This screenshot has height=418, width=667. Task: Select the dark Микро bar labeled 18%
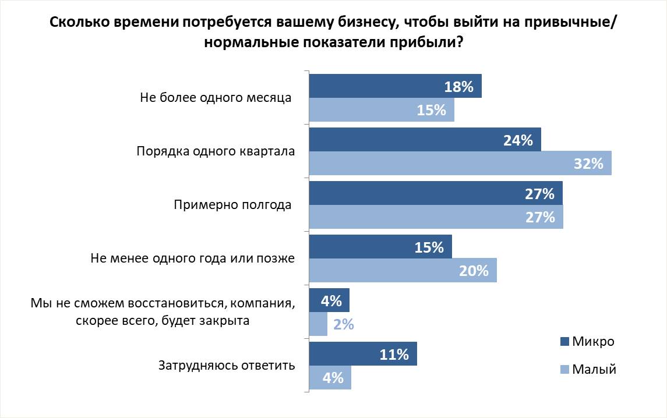[395, 86]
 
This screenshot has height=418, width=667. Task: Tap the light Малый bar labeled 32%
[460, 163]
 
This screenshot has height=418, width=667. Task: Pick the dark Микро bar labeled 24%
[425, 140]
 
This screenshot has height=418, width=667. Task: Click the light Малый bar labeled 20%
[403, 271]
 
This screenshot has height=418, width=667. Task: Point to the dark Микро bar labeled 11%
[362, 354]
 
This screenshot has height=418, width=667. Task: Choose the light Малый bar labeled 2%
[318, 324]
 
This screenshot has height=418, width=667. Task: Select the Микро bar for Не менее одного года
[380, 247]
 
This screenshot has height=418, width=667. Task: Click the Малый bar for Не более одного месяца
[381, 109]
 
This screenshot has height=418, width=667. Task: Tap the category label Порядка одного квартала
[216, 151]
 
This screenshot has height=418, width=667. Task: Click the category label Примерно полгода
[232, 205]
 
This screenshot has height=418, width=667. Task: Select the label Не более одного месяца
[216, 97]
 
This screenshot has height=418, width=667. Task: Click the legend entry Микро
[592, 341]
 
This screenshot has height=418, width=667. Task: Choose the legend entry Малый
[594, 369]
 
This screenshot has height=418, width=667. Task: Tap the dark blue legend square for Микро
[564, 342]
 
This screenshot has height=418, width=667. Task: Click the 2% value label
[344, 324]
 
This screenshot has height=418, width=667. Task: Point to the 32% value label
[588, 164]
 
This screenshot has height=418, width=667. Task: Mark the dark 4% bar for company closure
[329, 300]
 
